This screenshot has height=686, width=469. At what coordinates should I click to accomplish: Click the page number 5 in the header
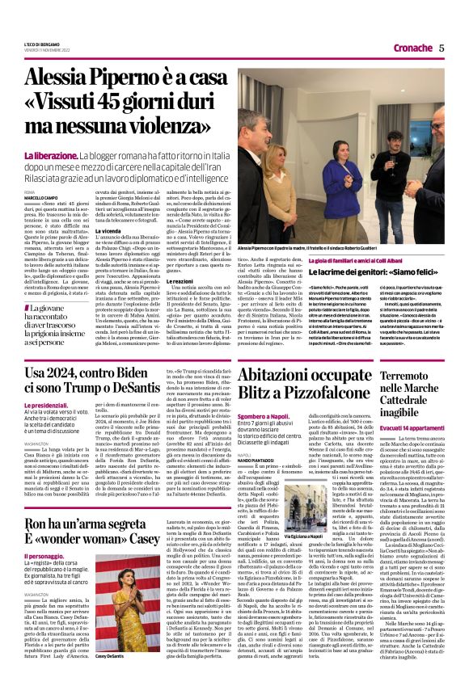click(x=442, y=48)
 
